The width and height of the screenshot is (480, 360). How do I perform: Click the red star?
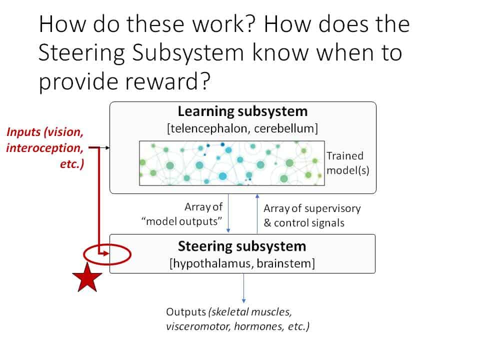(87, 278)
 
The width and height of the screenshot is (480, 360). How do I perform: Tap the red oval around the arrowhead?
(107, 244)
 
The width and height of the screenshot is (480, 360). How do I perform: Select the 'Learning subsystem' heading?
(243, 111)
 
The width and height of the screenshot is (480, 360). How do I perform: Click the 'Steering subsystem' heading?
(242, 246)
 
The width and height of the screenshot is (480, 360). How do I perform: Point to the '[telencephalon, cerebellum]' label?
(242, 128)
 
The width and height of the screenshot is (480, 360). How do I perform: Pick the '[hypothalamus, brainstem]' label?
(242, 263)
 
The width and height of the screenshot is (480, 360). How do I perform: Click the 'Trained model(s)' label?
(348, 163)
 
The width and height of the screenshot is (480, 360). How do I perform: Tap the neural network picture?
(231, 163)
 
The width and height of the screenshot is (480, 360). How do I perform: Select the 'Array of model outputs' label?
(182, 214)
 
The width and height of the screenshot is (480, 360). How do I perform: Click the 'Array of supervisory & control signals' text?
(312, 215)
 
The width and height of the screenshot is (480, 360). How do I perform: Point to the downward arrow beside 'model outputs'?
(228, 213)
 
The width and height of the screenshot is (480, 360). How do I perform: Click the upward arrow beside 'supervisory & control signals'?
(257, 213)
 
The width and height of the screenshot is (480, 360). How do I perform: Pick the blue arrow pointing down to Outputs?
(243, 288)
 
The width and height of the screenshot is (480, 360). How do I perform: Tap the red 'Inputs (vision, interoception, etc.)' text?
(45, 148)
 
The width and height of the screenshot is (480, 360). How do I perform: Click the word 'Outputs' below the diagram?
(186, 312)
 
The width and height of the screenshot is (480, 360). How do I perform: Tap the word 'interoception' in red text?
(44, 148)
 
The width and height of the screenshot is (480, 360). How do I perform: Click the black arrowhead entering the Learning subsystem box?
(107, 148)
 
